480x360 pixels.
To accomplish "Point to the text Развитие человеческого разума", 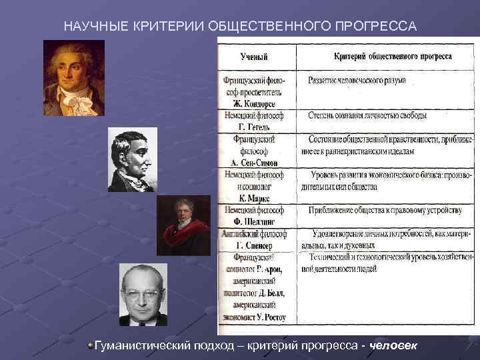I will [357, 80].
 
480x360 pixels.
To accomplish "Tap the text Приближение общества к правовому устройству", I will [385, 211].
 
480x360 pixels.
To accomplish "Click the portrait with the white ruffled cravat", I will [74, 78].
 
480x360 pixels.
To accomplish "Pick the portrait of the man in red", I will [183, 225].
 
